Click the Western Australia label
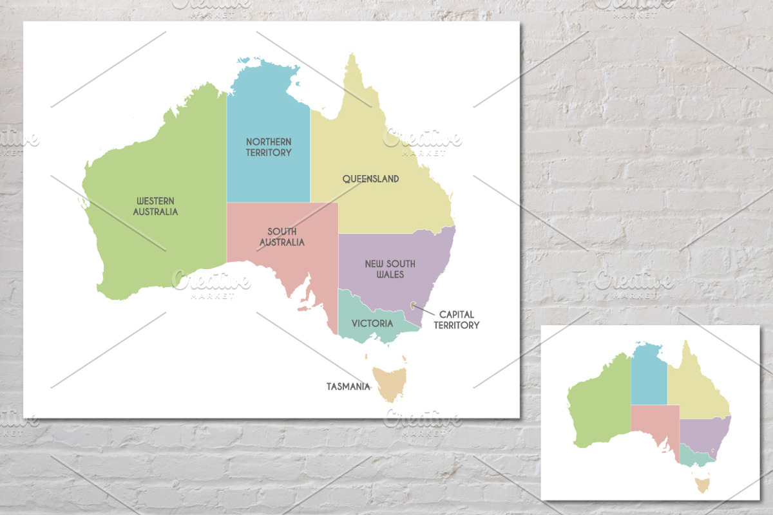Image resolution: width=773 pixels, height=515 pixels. point(155,206)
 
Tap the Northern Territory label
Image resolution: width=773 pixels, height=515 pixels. point(269,147)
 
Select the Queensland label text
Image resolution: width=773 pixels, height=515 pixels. point(370,178)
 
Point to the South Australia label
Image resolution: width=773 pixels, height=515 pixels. point(282,237)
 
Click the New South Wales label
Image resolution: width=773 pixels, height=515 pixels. point(390,268)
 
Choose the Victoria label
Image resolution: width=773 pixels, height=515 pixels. point(372,323)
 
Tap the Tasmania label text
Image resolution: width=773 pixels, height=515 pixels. point(348,386)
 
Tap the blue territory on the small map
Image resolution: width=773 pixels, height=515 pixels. point(649,377)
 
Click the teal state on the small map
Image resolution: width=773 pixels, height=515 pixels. point(694,457)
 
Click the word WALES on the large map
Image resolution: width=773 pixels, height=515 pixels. point(390,274)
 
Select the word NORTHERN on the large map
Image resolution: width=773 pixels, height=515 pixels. point(269,142)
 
